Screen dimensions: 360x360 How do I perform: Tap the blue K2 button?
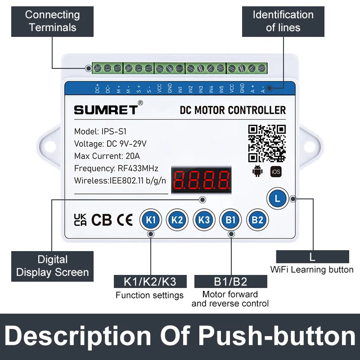point(177,220)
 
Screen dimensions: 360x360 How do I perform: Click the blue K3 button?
point(204,220)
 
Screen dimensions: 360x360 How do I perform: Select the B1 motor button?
point(230,220)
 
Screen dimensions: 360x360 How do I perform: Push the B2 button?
point(257,220)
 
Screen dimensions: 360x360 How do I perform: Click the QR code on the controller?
point(267,143)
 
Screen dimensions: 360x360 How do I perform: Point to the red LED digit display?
point(202,179)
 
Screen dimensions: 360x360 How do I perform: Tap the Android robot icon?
point(257,171)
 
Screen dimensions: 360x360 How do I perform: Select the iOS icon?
point(275,171)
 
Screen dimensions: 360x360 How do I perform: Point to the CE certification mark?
point(125,220)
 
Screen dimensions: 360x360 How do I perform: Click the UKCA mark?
point(80,220)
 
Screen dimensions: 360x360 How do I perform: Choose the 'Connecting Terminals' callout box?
point(52,21)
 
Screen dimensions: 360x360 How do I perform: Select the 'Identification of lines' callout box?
point(283,21)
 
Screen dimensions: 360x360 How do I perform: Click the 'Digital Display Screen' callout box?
point(52,266)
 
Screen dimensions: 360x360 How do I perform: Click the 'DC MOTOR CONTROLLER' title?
point(233,110)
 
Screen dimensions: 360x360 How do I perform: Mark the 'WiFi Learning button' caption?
point(312,270)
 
